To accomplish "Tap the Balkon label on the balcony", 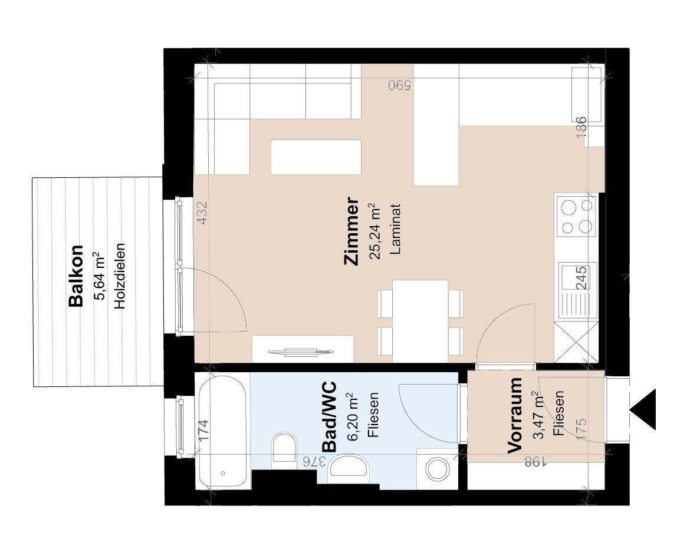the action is pyautogui.click(x=76, y=276).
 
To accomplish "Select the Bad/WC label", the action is pyautogui.click(x=330, y=416).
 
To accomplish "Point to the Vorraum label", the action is pyautogui.click(x=515, y=415).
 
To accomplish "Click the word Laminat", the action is pyautogui.click(x=395, y=229).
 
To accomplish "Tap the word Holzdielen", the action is pyautogui.click(x=120, y=276).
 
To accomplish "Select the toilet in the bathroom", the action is pyautogui.click(x=284, y=447).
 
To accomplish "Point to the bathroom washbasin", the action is pyautogui.click(x=349, y=465).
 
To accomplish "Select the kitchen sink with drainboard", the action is pyautogui.click(x=578, y=290).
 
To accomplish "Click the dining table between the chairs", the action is pyautogui.click(x=420, y=321).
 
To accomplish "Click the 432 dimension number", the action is pyautogui.click(x=202, y=213).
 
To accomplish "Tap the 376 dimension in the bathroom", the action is pyautogui.click(x=314, y=461).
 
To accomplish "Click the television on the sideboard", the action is pyautogui.click(x=301, y=352).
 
